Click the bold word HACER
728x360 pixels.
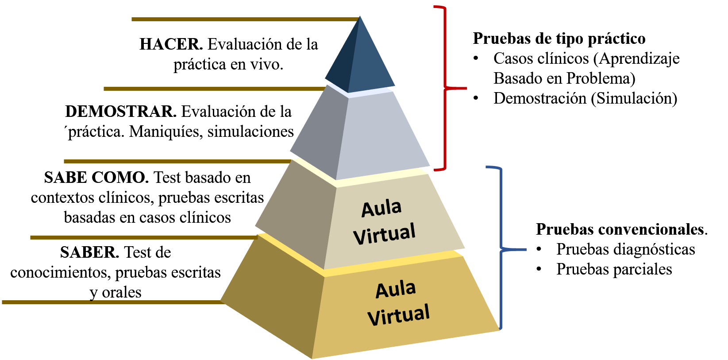click(171, 44)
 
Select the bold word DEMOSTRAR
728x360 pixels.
click(121, 112)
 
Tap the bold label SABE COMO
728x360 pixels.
click(96, 178)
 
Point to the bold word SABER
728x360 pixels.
click(90, 252)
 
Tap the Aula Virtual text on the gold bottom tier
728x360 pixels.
click(398, 304)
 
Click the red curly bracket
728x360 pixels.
click(445, 88)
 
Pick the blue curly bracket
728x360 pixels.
click(501, 250)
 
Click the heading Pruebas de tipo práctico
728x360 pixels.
click(559, 39)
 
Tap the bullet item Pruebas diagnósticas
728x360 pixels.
click(626, 249)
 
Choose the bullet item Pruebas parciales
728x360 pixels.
click(614, 269)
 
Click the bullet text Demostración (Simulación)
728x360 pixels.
click(585, 98)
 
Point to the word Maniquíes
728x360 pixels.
click(166, 132)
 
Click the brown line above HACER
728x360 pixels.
click(245, 19)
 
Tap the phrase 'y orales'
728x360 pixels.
click(116, 292)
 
